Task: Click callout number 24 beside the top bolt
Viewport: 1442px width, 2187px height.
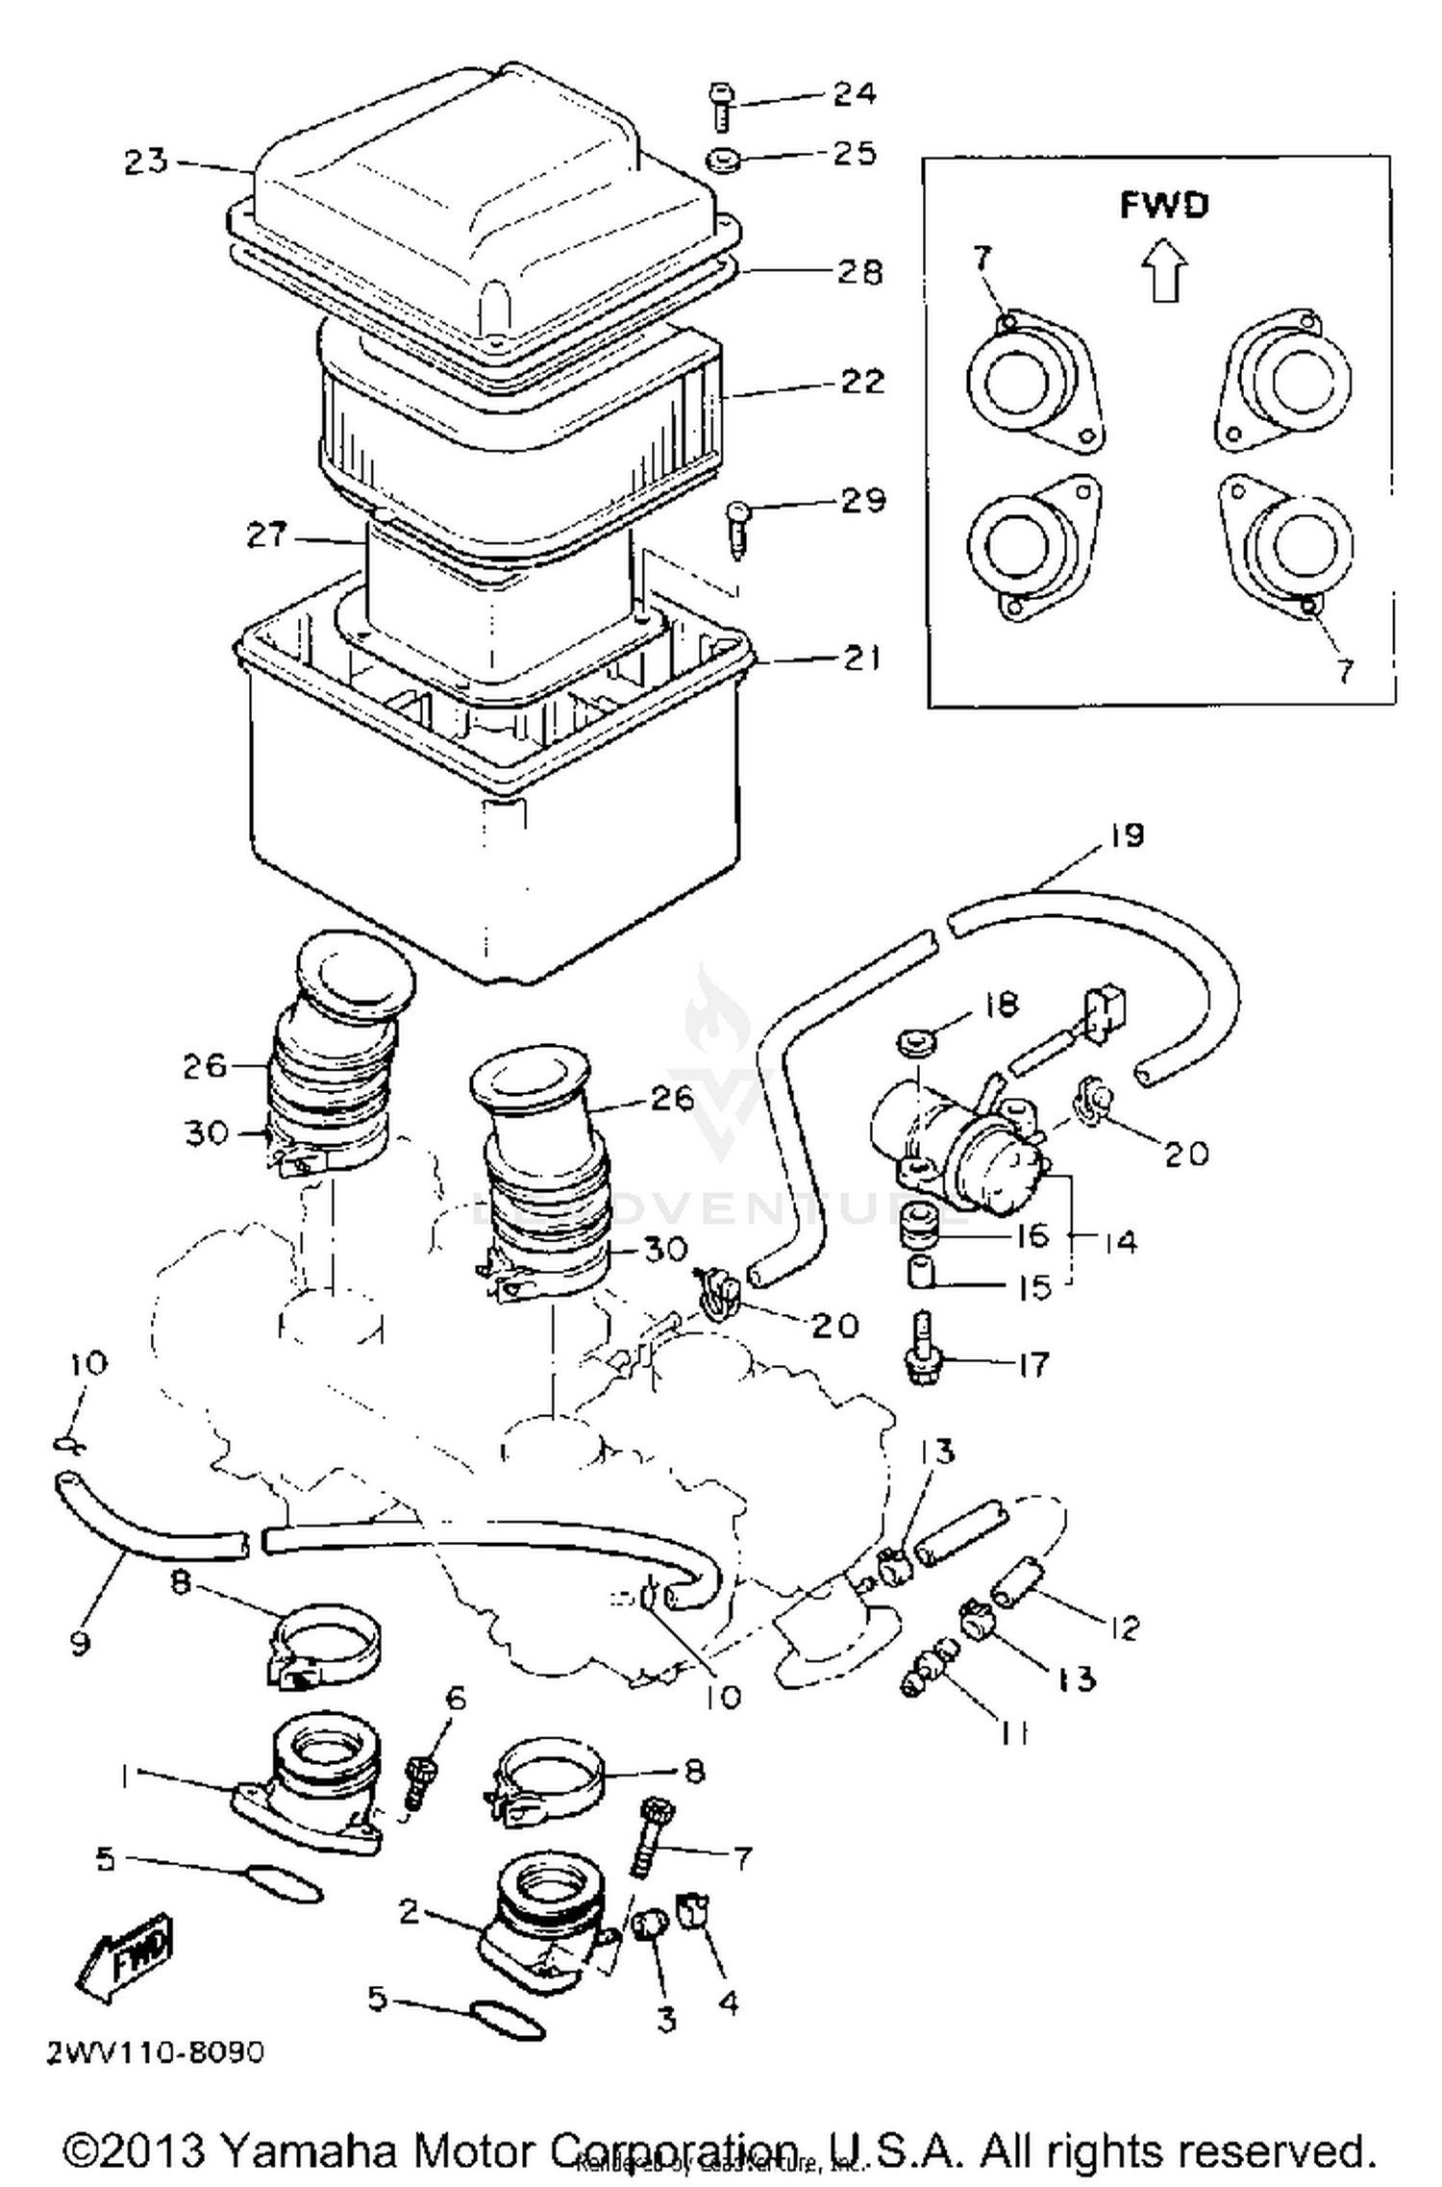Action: click(x=854, y=93)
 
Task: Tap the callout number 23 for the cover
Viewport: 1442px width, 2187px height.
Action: click(x=146, y=161)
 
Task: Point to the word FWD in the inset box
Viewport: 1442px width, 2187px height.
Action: click(x=1163, y=205)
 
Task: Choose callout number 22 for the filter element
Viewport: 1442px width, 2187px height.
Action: click(x=861, y=381)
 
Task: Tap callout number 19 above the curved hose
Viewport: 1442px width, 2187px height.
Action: click(x=1127, y=834)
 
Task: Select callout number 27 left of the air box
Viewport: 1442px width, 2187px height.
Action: click(x=266, y=534)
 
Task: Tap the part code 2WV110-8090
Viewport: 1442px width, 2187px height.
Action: click(x=155, y=2053)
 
